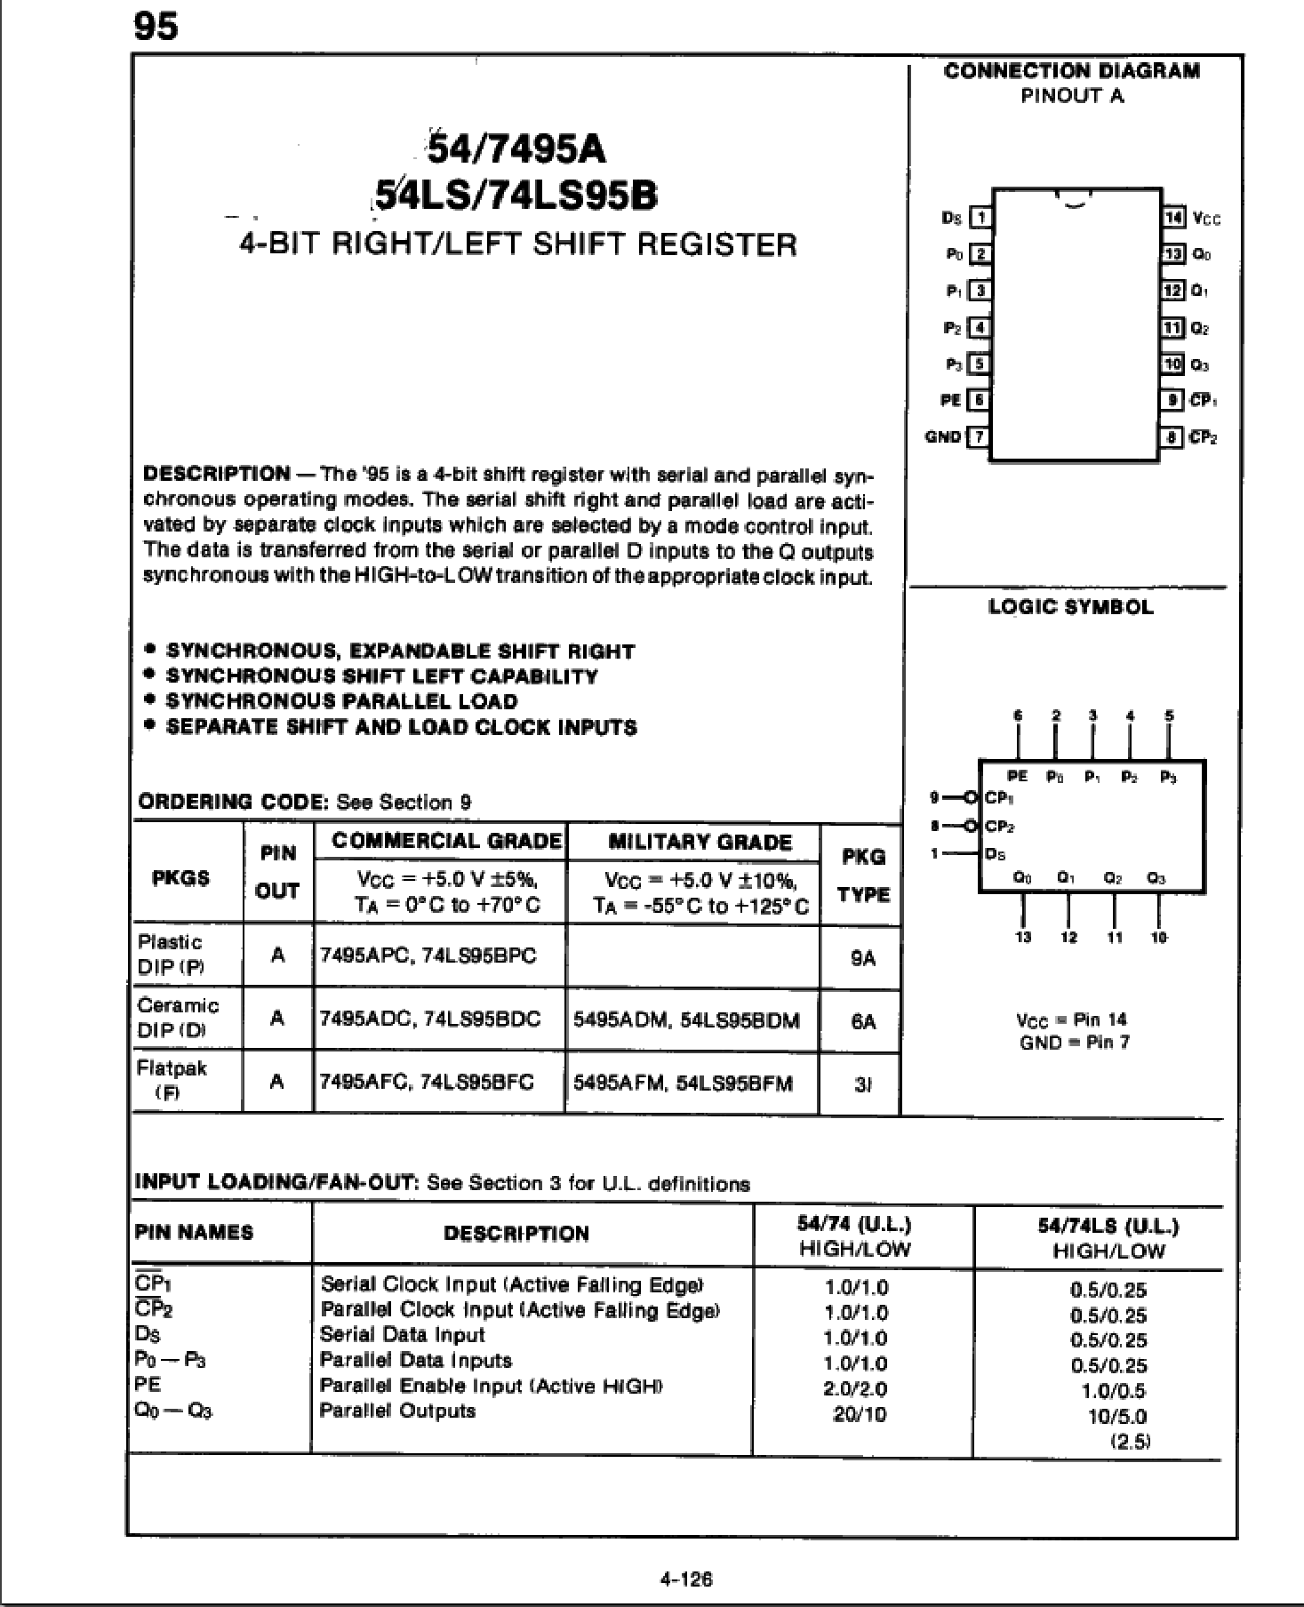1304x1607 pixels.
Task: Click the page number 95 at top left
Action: pos(156,27)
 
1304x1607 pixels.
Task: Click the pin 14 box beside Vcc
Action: pos(1172,217)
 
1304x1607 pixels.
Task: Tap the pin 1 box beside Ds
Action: pos(980,217)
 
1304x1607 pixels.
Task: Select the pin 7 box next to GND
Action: pos(980,436)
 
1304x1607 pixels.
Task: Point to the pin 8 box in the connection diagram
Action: pos(1172,436)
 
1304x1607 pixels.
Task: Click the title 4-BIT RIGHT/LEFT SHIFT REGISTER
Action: pos(518,244)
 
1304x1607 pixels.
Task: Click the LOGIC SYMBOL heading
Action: pos(1070,608)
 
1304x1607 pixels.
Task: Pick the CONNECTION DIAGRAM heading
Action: pos(1071,71)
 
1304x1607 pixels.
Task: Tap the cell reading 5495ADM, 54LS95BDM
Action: pos(686,1019)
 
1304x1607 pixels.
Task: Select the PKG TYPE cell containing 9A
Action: pos(862,958)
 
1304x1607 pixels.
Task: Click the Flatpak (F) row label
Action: pos(172,1080)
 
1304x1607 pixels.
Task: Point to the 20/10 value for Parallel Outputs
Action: pos(859,1413)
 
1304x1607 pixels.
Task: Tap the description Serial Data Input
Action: pos(402,1335)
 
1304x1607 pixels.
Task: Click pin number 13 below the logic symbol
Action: pos(1023,937)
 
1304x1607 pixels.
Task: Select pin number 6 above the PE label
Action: pos(1018,715)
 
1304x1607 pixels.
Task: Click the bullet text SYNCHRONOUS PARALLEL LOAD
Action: pos(341,701)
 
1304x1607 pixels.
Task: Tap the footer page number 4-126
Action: pos(685,1579)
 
